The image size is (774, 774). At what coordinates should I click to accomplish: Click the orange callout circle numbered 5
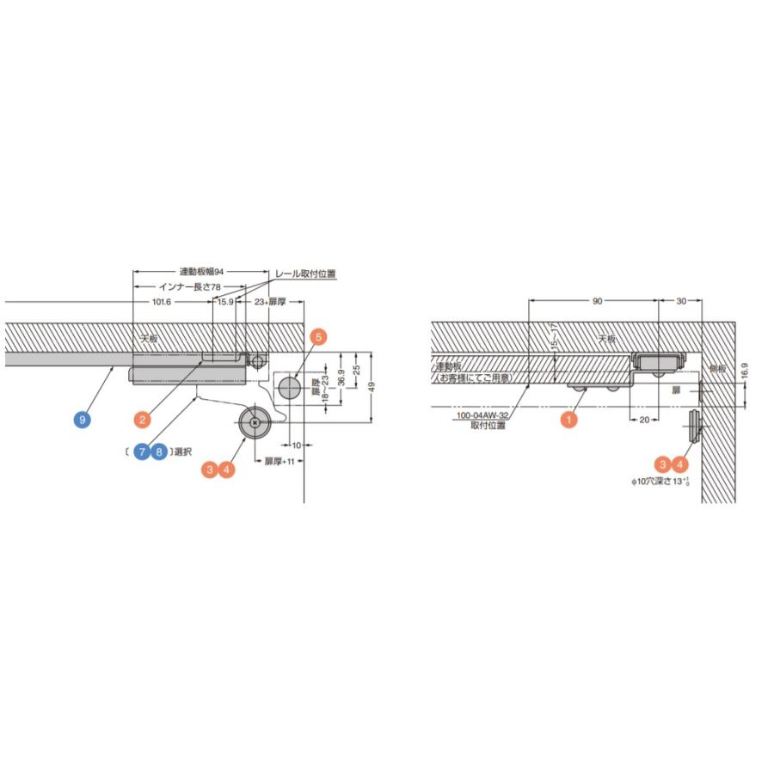coord(318,337)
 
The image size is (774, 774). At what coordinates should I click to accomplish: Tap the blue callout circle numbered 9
coord(82,420)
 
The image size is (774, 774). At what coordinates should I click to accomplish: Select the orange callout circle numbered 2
coord(143,420)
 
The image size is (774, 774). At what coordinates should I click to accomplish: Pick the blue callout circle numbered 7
coord(142,451)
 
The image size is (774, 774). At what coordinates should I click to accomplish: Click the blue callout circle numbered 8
coord(159,451)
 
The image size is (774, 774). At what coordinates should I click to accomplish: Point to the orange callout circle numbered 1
coord(568,420)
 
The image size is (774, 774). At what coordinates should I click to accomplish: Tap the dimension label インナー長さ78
coord(190,286)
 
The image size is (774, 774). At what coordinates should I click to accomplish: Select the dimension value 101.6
coord(162,302)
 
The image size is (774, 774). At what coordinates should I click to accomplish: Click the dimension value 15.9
coord(224,302)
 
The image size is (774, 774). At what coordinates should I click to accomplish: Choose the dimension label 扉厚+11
coord(279,462)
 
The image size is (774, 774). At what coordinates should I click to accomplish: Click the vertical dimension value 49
coord(372,386)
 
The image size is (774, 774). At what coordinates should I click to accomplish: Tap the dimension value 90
coord(597,301)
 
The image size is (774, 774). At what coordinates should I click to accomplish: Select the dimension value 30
coord(681,301)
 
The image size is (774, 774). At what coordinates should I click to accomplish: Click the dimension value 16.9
coord(745,371)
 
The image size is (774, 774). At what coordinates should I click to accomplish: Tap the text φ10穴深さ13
coord(660,483)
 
